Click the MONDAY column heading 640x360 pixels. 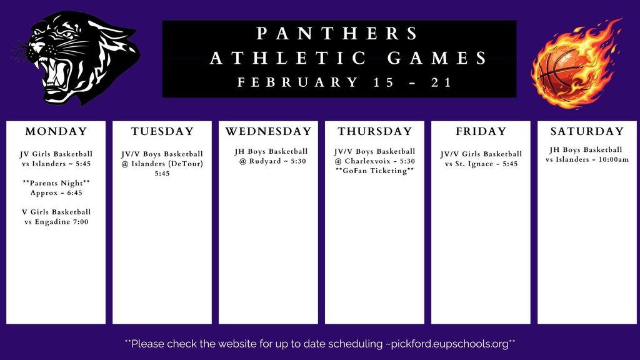pos(56,132)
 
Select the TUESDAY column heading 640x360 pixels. pos(162,132)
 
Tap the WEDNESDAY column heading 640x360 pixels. pos(268,132)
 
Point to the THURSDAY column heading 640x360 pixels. pos(375,132)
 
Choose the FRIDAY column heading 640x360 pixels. pos(481,132)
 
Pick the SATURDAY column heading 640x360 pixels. pos(587,132)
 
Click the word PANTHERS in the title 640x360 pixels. pos(338,33)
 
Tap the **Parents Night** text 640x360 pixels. pos(56,183)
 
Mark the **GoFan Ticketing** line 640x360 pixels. pos(375,171)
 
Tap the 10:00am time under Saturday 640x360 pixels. pos(612,159)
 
